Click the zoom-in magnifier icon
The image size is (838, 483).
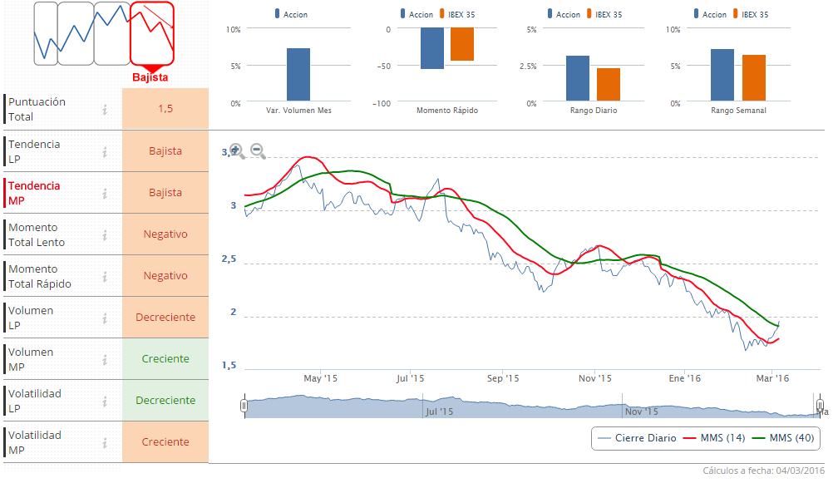[x=237, y=150]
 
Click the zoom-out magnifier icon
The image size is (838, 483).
[x=258, y=150]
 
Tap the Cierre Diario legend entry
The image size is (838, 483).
[x=637, y=438]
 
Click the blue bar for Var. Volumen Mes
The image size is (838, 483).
[x=298, y=74]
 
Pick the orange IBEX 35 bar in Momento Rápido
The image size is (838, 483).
[x=462, y=44]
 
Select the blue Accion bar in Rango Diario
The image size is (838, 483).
[x=578, y=78]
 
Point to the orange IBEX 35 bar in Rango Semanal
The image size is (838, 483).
[x=753, y=78]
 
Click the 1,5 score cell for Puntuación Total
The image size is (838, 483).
[x=165, y=109]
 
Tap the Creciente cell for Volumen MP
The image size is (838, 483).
[x=165, y=359]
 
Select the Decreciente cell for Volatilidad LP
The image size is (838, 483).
[x=165, y=401]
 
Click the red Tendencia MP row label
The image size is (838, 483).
[x=34, y=193]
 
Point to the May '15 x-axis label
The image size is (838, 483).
[x=320, y=378]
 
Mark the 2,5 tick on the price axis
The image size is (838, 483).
[x=229, y=259]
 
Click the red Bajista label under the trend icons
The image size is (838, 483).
[x=150, y=77]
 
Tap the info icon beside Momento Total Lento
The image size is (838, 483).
[x=105, y=234]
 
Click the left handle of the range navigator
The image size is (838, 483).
[x=244, y=406]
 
